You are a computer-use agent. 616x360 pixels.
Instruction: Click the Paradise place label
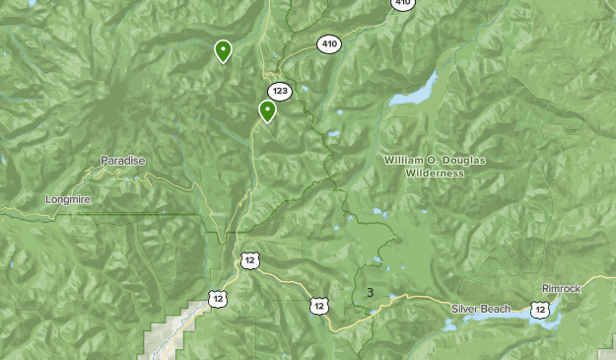coord(123,160)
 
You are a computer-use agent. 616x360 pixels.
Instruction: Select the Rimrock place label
coord(562,289)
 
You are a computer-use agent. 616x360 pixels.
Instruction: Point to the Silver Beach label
coord(481,309)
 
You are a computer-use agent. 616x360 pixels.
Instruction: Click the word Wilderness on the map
coord(434,173)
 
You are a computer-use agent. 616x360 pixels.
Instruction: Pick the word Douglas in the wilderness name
coord(460,160)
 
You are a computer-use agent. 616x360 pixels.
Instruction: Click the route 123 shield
coord(280,91)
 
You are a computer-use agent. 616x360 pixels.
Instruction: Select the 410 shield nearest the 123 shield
coord(328,43)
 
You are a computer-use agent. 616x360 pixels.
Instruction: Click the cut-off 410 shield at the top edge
coord(402,4)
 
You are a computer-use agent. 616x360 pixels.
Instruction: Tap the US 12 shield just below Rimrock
coord(539,310)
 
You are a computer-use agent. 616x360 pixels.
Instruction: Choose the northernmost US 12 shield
coord(249,260)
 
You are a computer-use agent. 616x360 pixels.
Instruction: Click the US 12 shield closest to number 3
coord(318,306)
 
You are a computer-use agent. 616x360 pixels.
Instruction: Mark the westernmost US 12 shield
coord(217,298)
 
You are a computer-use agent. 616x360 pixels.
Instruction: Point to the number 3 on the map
coord(370,292)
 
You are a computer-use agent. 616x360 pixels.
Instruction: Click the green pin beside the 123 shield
coord(267,110)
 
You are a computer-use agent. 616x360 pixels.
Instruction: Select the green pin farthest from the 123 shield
coord(223,50)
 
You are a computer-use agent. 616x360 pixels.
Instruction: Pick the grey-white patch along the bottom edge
coord(163,340)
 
